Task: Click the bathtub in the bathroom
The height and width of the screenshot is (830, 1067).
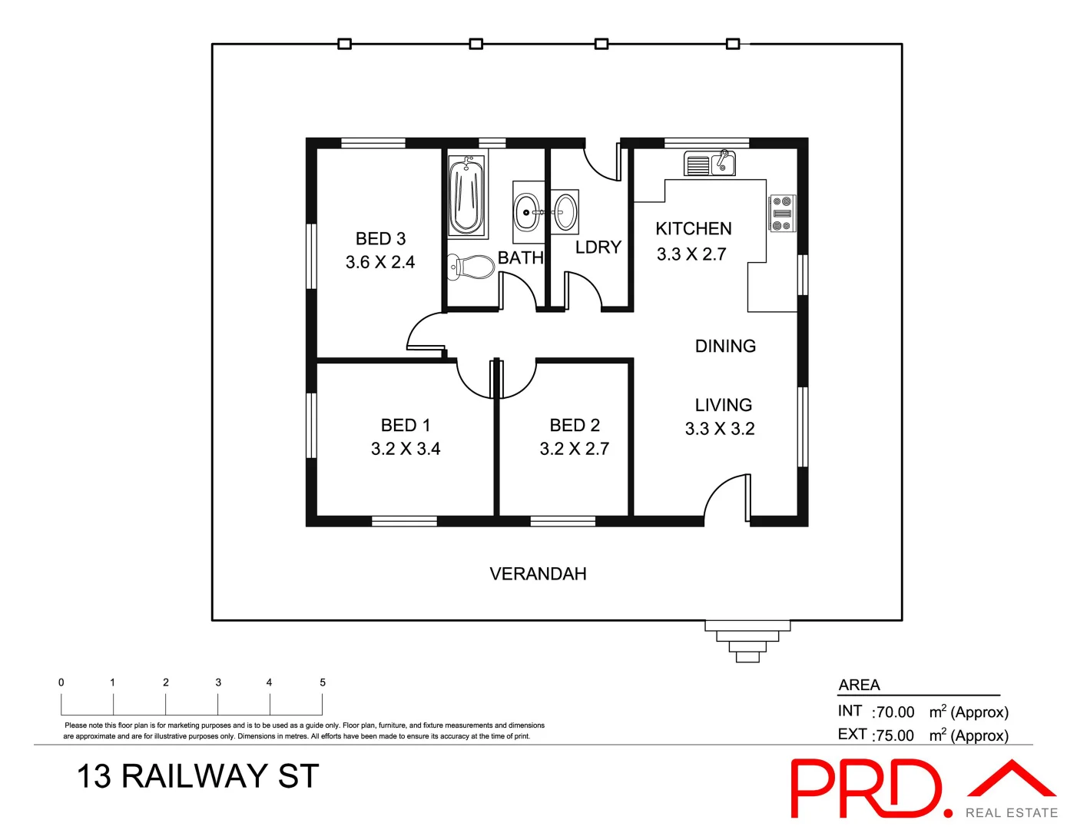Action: [x=466, y=196]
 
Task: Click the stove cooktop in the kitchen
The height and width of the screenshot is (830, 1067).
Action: [x=782, y=214]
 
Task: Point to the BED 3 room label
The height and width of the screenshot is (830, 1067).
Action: [x=380, y=239]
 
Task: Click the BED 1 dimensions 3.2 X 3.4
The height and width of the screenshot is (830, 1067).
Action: [x=406, y=449]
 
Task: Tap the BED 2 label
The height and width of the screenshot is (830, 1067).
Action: [x=575, y=426]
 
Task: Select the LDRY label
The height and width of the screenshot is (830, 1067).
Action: [x=598, y=247]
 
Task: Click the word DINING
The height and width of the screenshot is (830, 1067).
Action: [x=725, y=347]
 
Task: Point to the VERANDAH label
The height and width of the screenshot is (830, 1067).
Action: [x=538, y=574]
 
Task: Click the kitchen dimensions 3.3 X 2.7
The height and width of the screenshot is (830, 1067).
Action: [x=691, y=254]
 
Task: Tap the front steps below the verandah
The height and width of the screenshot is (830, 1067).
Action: [x=747, y=641]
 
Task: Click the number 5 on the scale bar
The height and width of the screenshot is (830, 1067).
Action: [x=323, y=682]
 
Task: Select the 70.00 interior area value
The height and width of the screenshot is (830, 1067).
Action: [x=895, y=712]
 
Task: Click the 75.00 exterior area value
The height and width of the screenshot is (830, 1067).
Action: [x=895, y=735]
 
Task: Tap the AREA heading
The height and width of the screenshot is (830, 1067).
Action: [x=860, y=685]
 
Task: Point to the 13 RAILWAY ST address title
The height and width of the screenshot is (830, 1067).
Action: [x=197, y=777]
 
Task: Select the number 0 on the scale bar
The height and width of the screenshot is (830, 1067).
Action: [x=61, y=682]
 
